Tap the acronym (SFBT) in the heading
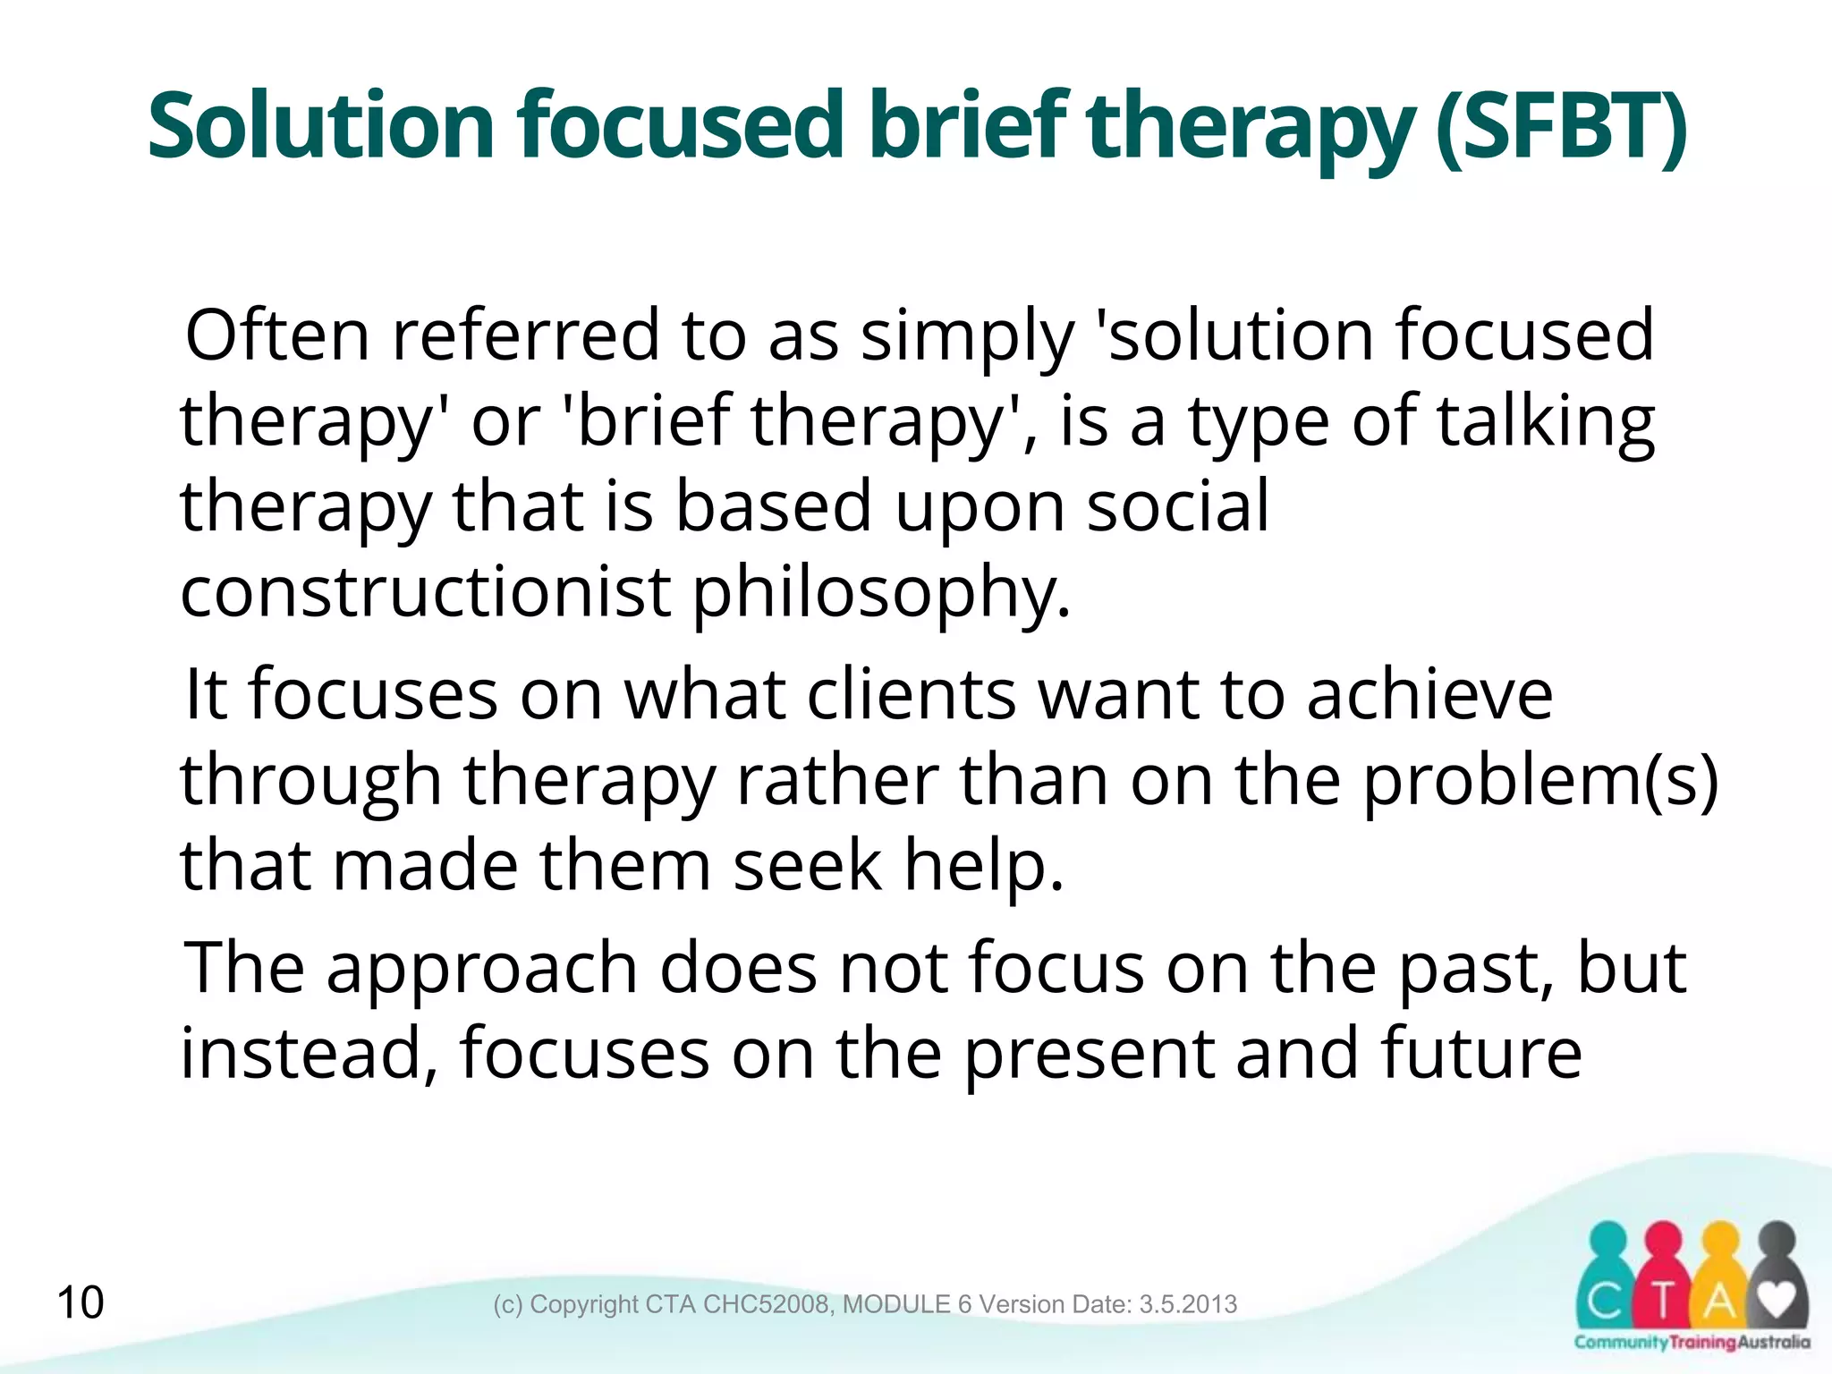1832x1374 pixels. tap(1560, 127)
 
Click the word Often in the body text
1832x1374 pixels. tap(276, 335)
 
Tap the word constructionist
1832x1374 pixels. tap(425, 591)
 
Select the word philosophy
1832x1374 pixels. tap(881, 593)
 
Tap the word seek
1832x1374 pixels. tap(807, 866)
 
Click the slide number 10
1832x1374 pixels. tap(80, 1302)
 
